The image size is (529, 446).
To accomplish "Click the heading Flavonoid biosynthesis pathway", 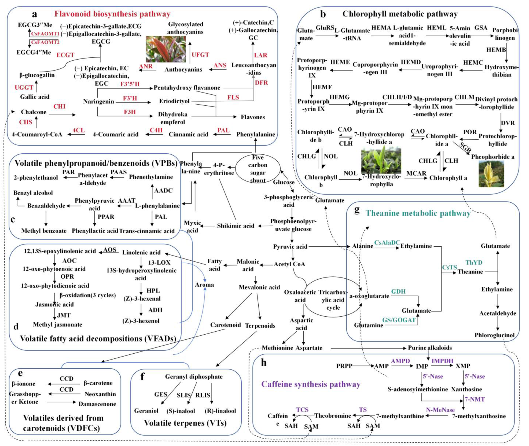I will pos(112,14).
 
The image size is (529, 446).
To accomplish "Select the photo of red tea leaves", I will pos(166,49).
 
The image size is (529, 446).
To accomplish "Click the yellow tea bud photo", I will pos(491,174).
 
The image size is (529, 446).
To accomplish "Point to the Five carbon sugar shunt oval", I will pos(258,169).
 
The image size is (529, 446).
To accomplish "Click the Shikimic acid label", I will pos(235,226).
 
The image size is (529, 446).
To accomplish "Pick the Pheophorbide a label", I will pos(492,157).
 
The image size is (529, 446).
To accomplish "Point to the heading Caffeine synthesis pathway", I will pos(311,384).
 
